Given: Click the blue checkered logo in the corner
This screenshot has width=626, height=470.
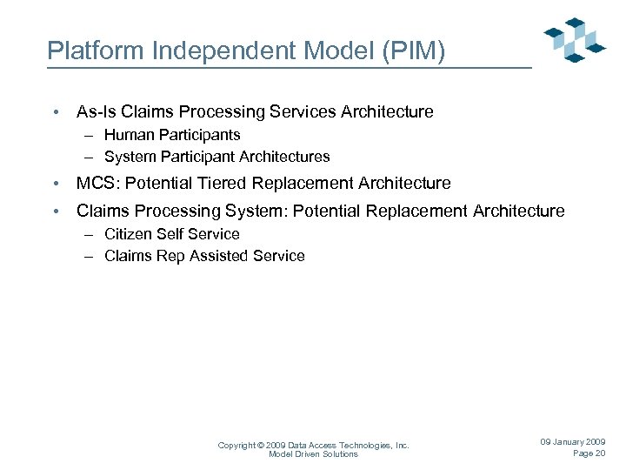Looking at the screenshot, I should (574, 39).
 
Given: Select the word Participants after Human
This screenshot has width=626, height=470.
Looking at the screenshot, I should (199, 135).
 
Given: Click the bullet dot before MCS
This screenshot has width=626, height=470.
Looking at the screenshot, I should (55, 185).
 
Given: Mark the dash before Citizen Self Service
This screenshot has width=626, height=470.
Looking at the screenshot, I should (90, 234).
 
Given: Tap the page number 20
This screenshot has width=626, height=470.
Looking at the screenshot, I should (600, 453).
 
